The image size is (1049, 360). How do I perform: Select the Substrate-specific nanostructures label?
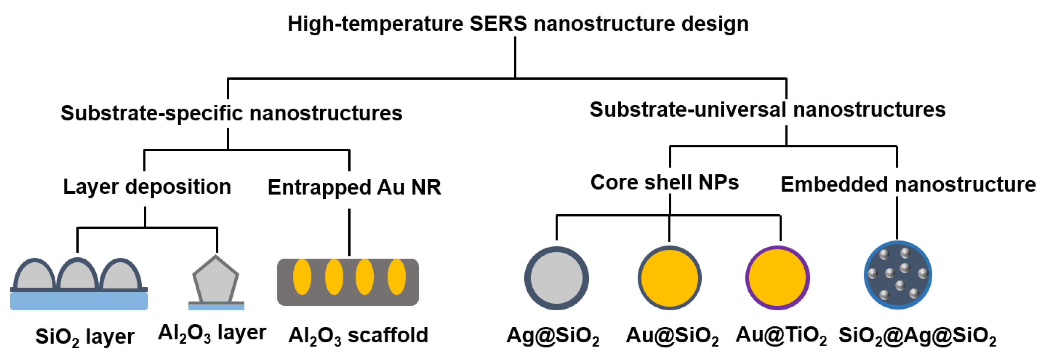[x=231, y=113]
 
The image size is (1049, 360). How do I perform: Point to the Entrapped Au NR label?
[x=354, y=187]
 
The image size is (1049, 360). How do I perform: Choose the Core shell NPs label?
[x=664, y=182]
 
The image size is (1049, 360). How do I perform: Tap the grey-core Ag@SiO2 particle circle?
[x=556, y=278]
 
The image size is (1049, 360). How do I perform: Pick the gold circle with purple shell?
[x=777, y=278]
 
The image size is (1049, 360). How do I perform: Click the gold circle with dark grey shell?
[x=669, y=278]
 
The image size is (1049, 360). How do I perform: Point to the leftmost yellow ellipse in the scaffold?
[x=302, y=277]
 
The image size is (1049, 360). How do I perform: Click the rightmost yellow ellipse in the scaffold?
[x=396, y=277]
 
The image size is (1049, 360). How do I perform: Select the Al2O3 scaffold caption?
[x=358, y=336]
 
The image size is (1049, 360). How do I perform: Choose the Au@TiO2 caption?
[x=781, y=335]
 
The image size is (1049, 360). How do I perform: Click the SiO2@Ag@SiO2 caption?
[x=917, y=336]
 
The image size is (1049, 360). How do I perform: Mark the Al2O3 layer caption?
[x=212, y=333]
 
